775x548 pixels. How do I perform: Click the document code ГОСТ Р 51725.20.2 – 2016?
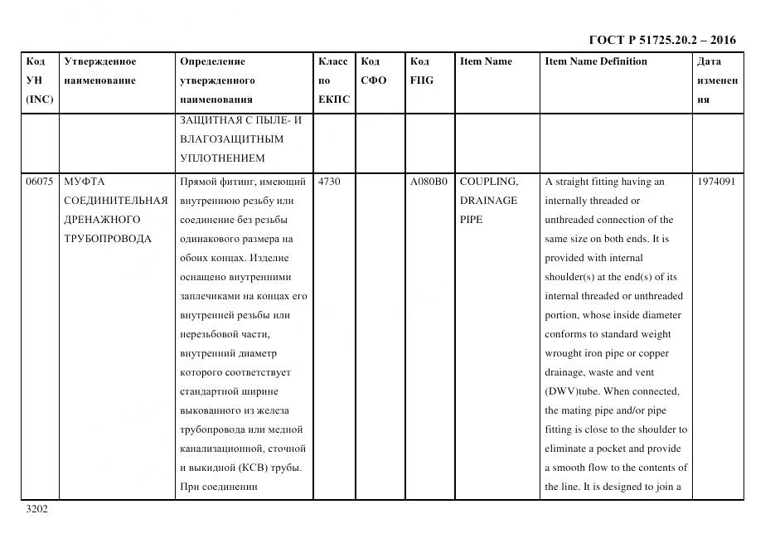pyautogui.click(x=661, y=40)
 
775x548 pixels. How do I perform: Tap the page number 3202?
pyautogui.click(x=37, y=509)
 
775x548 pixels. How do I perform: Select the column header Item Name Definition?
pyautogui.click(x=596, y=61)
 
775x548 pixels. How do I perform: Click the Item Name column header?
pyautogui.click(x=486, y=61)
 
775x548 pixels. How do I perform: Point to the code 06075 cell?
pyautogui.click(x=39, y=182)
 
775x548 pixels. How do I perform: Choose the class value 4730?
pyautogui.click(x=329, y=182)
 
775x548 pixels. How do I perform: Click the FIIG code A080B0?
pyautogui.click(x=429, y=182)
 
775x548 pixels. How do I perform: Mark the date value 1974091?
pyautogui.click(x=716, y=182)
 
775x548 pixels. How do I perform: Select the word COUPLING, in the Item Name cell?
pyautogui.click(x=488, y=182)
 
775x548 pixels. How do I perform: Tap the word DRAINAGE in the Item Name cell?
pyautogui.click(x=488, y=201)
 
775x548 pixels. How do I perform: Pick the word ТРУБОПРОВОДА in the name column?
pyautogui.click(x=108, y=239)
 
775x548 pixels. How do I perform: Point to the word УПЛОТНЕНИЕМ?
pyautogui.click(x=222, y=158)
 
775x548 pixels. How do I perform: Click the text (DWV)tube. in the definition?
pyautogui.click(x=578, y=391)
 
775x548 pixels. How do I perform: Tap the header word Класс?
pyautogui.click(x=333, y=61)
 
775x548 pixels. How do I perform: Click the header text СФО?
pyautogui.click(x=374, y=80)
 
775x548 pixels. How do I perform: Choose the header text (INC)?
pyautogui.click(x=40, y=99)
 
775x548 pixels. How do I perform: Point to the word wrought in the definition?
pyautogui.click(x=564, y=353)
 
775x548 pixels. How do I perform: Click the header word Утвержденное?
pyautogui.click(x=100, y=61)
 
